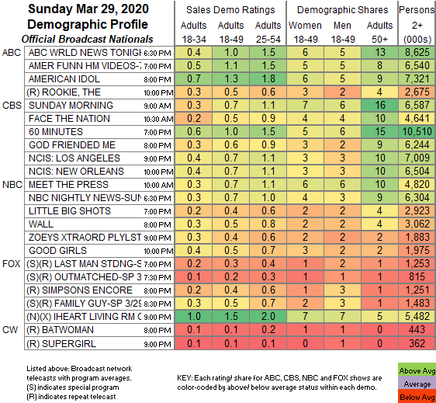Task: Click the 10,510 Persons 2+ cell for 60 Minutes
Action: (417, 132)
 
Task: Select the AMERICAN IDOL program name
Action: (64, 79)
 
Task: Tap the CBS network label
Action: (12, 106)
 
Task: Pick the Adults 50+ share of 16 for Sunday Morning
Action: (379, 105)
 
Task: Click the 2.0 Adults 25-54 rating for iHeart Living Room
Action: (268, 317)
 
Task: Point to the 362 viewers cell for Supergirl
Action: (417, 343)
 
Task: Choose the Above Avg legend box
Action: (417, 370)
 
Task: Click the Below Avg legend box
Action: (417, 397)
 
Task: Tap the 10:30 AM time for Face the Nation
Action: (158, 119)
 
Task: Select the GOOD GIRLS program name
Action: (58, 251)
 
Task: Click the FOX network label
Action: (11, 263)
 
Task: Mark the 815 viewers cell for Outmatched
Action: (417, 276)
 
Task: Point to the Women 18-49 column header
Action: (305, 33)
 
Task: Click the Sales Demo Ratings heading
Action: (230, 10)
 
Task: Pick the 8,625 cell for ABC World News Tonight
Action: (417, 52)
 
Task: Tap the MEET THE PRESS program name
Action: (68, 185)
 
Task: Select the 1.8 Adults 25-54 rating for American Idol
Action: (268, 78)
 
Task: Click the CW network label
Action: (10, 330)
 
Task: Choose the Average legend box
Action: (417, 384)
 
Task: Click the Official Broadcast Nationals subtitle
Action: (88, 40)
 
